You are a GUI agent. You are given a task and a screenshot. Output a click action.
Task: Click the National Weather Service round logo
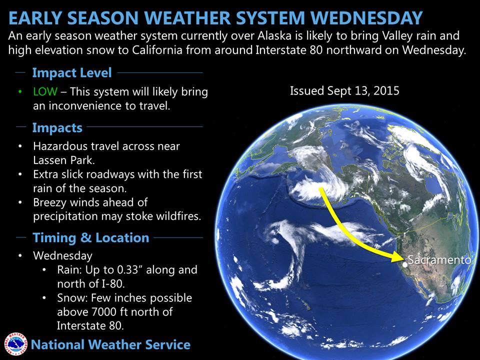pyautogui.click(x=15, y=344)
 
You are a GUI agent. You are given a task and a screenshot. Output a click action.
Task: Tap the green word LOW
pyautogui.click(x=45, y=91)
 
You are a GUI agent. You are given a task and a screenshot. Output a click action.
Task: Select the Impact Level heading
pyautogui.click(x=72, y=73)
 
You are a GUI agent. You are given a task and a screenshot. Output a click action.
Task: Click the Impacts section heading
pyautogui.click(x=57, y=127)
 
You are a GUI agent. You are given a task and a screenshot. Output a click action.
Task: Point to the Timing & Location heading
pyautogui.click(x=91, y=237)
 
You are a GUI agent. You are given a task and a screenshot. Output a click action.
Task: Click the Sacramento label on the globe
pyautogui.click(x=439, y=260)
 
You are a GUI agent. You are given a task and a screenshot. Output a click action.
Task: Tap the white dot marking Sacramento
pyautogui.click(x=405, y=265)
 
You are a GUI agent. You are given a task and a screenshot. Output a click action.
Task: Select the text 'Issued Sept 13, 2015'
pyautogui.click(x=344, y=91)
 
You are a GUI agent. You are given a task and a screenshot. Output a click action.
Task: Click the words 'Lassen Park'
pyautogui.click(x=63, y=160)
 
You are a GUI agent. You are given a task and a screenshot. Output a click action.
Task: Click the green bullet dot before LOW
pyautogui.click(x=20, y=91)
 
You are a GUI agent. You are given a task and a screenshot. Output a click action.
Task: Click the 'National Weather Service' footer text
pyautogui.click(x=110, y=344)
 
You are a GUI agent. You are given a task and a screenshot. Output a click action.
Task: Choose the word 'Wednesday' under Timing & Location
pyautogui.click(x=63, y=255)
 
